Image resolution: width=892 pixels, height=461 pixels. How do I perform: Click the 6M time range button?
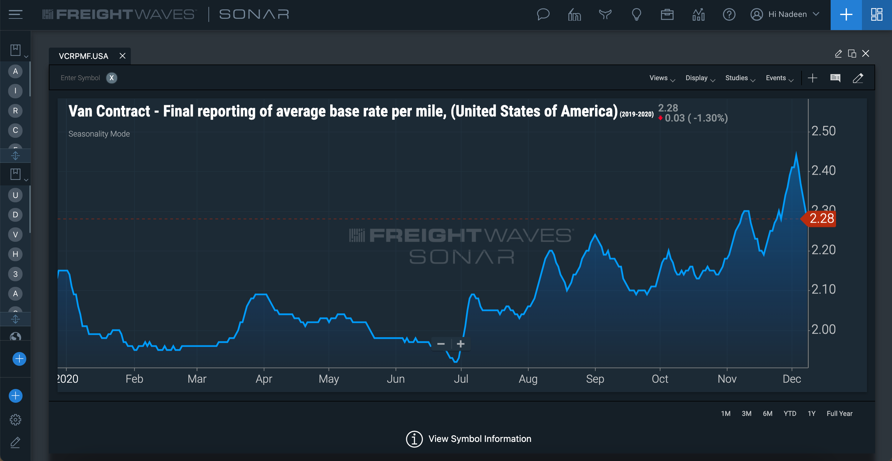[x=767, y=413]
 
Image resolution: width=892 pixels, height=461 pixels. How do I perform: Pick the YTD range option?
[x=790, y=413]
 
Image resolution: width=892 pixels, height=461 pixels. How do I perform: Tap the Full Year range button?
[x=839, y=413]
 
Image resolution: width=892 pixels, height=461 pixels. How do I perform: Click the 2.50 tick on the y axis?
[x=823, y=131]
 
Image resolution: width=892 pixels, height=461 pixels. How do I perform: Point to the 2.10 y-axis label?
[x=823, y=289]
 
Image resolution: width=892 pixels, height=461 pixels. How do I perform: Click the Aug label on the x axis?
[x=528, y=379]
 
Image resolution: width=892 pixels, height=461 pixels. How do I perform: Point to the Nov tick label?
[x=727, y=379]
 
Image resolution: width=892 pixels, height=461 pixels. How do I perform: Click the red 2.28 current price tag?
[x=821, y=219]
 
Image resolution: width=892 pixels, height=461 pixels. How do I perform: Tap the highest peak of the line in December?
[x=796, y=153]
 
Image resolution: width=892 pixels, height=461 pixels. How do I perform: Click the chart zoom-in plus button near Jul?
[x=460, y=344]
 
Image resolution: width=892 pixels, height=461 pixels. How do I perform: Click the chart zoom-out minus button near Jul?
[x=441, y=344]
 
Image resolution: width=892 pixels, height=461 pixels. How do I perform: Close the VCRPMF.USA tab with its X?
[x=122, y=56]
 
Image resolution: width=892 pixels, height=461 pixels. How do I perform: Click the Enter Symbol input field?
[x=80, y=78]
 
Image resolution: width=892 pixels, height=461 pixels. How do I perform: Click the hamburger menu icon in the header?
[x=16, y=14]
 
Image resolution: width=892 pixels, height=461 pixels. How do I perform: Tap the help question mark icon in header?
[x=729, y=14]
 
